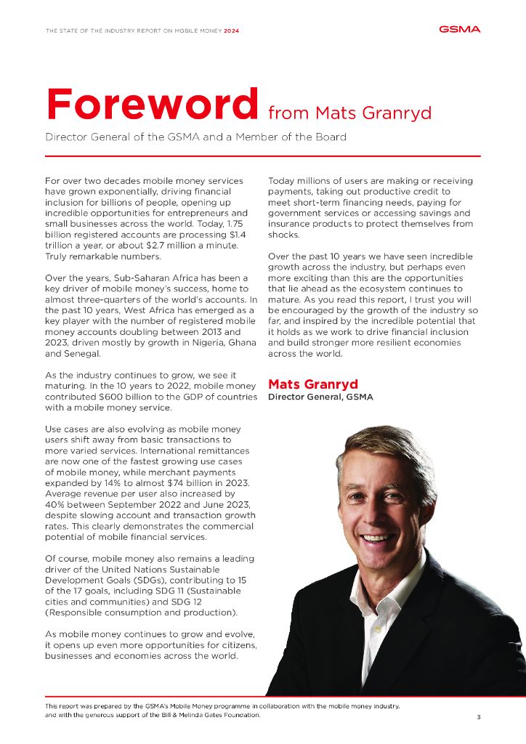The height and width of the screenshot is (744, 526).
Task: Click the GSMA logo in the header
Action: pos(459,30)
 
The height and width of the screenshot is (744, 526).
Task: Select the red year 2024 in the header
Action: pos(231,31)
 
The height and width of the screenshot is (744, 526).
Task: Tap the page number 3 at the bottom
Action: pos(478,717)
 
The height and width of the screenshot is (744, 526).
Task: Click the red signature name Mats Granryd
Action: pos(313,384)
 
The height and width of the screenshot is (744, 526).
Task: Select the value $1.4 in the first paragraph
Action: pos(238,235)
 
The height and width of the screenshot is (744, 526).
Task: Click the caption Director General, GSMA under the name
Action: pos(320,397)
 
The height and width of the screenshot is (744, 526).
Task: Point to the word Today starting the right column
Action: pos(283,180)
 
